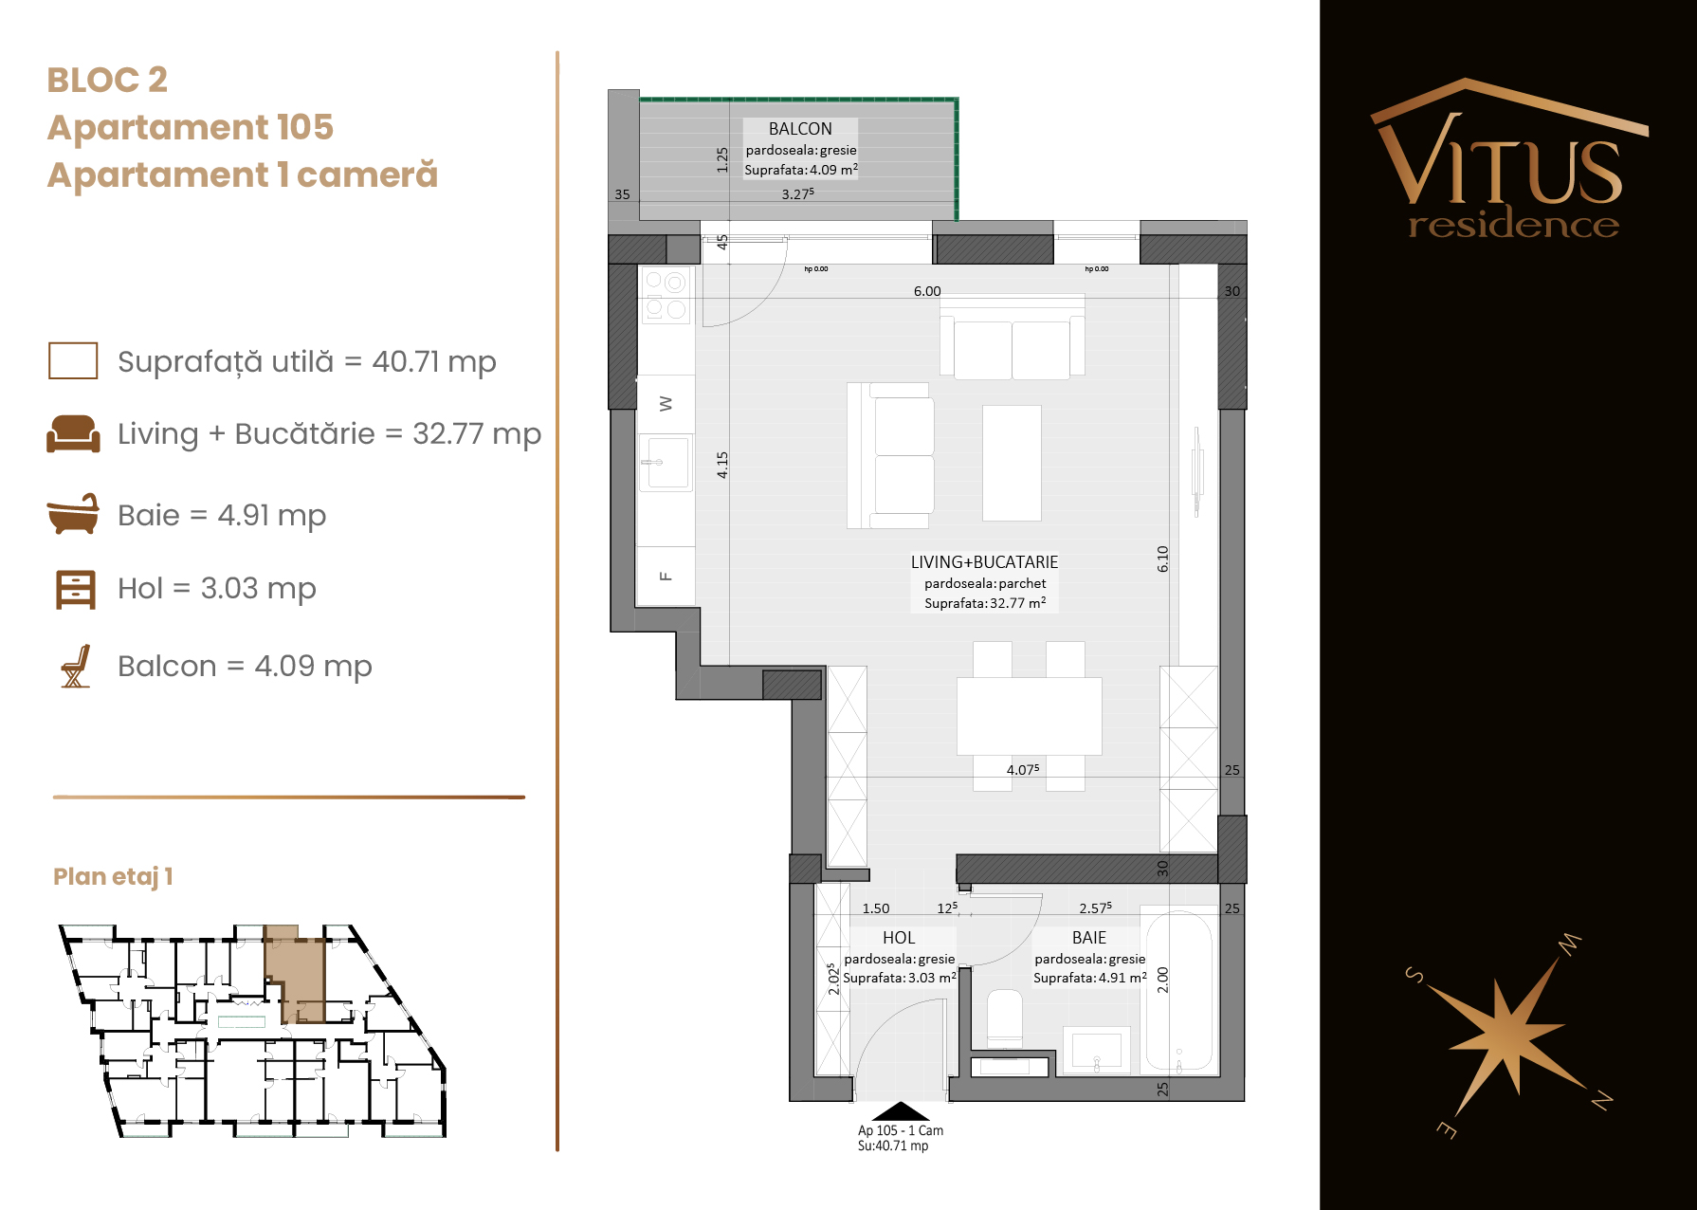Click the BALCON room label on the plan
800,129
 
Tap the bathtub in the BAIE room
1179,990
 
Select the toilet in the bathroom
1005,1018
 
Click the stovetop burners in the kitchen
666,295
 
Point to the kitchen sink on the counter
666,462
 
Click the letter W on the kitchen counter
666,404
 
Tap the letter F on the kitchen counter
666,576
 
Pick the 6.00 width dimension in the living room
927,291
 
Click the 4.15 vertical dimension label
722,465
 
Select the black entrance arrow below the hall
901,1111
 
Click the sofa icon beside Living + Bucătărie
73,433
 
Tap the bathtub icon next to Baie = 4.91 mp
73,514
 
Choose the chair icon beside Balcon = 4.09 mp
76,666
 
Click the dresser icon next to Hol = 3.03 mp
76,589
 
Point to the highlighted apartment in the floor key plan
295,977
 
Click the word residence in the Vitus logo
1513,225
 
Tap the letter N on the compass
1601,1100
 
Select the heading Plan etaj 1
113,876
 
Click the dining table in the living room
1029,716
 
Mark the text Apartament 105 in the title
191,127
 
